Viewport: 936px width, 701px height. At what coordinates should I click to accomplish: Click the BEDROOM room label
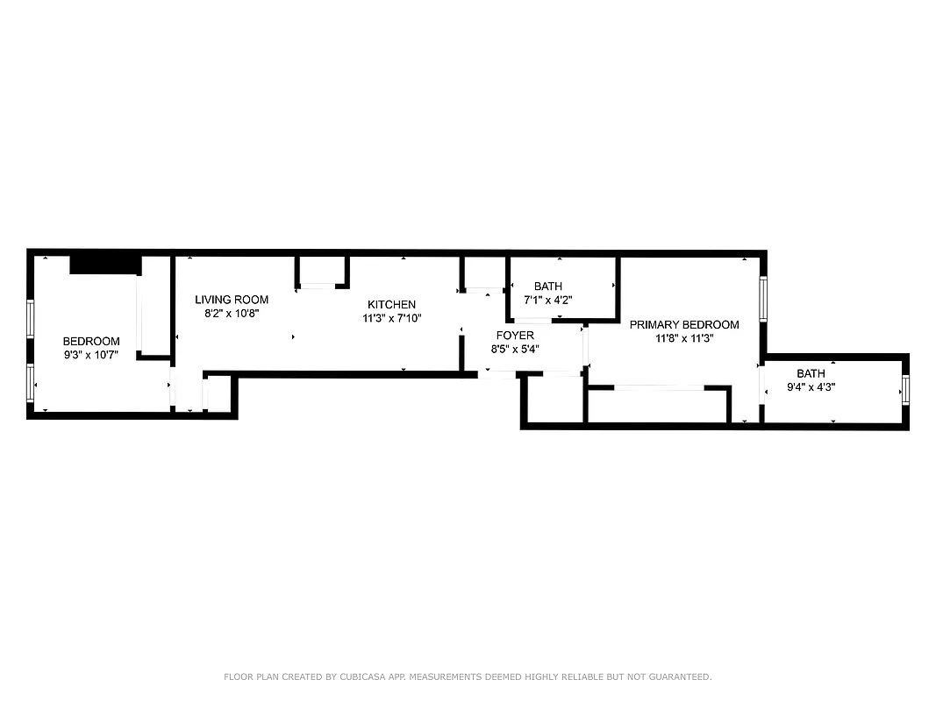pyautogui.click(x=90, y=341)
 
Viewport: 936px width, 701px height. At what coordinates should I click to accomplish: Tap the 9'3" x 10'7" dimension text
pyautogui.click(x=90, y=355)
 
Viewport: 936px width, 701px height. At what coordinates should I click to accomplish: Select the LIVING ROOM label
pyautogui.click(x=232, y=300)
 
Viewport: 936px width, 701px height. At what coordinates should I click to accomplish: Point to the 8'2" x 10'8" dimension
pyautogui.click(x=232, y=313)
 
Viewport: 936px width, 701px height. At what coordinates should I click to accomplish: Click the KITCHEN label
pyautogui.click(x=391, y=305)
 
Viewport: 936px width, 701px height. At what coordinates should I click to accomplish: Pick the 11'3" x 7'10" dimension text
pyautogui.click(x=392, y=318)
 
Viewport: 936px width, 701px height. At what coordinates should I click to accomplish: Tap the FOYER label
pyautogui.click(x=515, y=336)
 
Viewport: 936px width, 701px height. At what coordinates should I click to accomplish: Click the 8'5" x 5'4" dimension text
pyautogui.click(x=515, y=349)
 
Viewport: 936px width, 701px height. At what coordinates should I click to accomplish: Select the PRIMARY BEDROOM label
pyautogui.click(x=684, y=324)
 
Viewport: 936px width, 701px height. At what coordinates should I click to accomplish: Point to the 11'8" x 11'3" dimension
pyautogui.click(x=684, y=338)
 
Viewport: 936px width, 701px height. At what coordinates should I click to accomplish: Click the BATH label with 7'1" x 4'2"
pyautogui.click(x=548, y=287)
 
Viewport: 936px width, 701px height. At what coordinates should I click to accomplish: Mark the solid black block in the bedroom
pyautogui.click(x=105, y=264)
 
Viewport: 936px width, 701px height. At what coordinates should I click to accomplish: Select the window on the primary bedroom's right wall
pyautogui.click(x=763, y=300)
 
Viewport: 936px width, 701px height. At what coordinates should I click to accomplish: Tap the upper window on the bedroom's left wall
pyautogui.click(x=31, y=319)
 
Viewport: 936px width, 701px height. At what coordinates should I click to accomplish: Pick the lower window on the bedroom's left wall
pyautogui.click(x=31, y=382)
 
